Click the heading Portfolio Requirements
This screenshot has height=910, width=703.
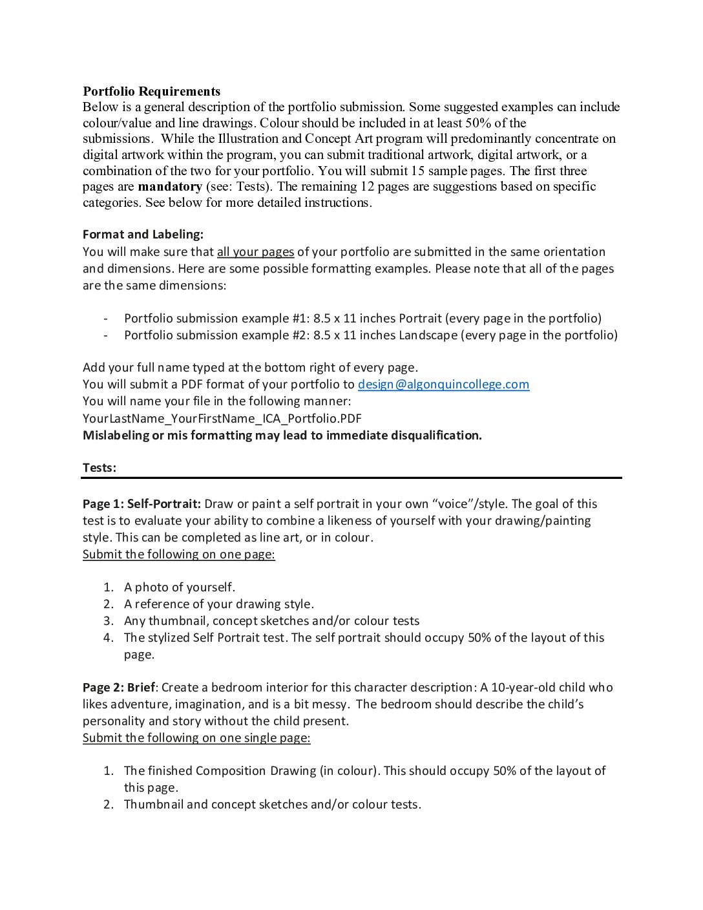[151, 91]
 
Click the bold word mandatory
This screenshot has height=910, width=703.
[170, 187]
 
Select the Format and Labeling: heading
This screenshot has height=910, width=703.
[143, 235]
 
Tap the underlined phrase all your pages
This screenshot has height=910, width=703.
[255, 252]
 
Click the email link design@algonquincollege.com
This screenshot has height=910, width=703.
[443, 385]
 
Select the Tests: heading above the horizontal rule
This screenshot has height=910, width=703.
[100, 468]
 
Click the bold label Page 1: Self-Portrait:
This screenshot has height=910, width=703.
[142, 504]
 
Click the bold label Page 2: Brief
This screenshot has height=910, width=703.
[118, 688]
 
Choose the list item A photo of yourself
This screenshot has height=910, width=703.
[179, 587]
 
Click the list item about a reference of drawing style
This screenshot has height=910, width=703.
[218, 604]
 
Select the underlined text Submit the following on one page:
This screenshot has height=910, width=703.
[178, 555]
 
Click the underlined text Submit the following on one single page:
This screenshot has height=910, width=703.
[196, 738]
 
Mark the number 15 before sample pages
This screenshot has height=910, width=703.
[418, 171]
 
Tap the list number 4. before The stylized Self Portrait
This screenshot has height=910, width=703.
[109, 638]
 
